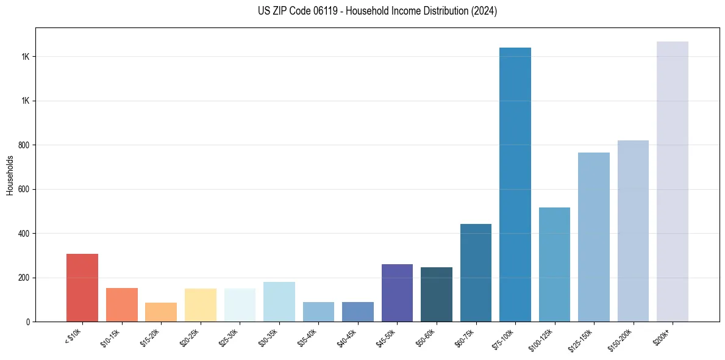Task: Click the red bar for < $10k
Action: click(x=82, y=287)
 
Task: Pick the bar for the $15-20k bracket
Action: click(x=161, y=312)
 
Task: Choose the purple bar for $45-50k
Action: click(x=397, y=293)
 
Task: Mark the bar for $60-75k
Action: click(x=476, y=272)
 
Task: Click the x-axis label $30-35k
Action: click(x=268, y=337)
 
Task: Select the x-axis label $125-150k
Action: click(x=582, y=339)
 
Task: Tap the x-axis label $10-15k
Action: click(x=111, y=337)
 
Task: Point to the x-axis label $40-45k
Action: click(x=347, y=337)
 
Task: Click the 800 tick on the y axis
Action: click(x=25, y=145)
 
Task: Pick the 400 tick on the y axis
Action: click(x=25, y=234)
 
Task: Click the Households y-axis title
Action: click(x=10, y=175)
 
